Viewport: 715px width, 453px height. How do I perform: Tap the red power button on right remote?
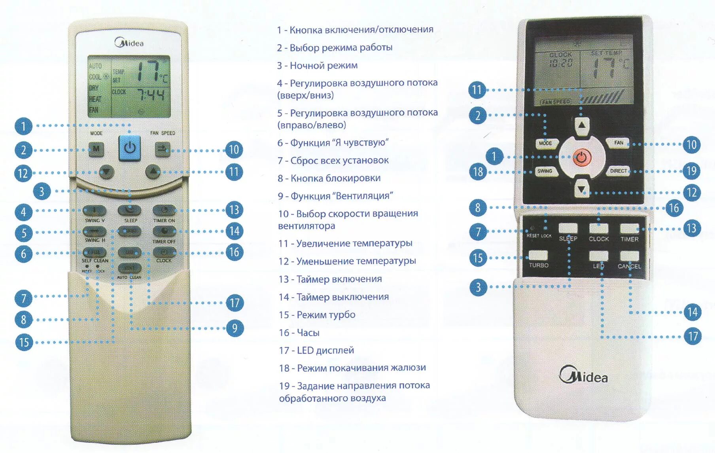[x=581, y=157]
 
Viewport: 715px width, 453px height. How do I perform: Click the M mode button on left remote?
[x=96, y=150]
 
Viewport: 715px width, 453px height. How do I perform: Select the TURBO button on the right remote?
[x=538, y=256]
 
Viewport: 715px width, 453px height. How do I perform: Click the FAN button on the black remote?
[x=619, y=143]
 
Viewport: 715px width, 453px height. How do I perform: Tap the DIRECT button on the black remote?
[x=618, y=171]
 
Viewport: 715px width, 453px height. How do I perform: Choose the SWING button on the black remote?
[x=545, y=171]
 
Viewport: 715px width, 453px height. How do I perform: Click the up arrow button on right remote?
[x=582, y=125]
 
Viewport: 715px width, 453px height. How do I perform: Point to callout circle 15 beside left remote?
[x=24, y=342]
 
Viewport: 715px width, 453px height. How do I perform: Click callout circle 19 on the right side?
[x=691, y=171]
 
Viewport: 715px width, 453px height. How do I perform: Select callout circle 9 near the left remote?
[x=235, y=328]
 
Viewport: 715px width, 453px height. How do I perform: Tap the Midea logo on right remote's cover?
[x=583, y=375]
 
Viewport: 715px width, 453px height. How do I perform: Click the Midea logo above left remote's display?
[x=129, y=43]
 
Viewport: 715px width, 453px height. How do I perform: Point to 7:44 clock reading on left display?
[x=151, y=95]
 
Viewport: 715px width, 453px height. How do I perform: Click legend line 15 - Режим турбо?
[x=317, y=315]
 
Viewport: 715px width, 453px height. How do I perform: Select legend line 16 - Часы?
[x=299, y=333]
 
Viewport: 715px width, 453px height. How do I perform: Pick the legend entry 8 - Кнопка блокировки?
[x=329, y=178]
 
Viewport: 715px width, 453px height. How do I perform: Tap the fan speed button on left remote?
[x=163, y=149]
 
